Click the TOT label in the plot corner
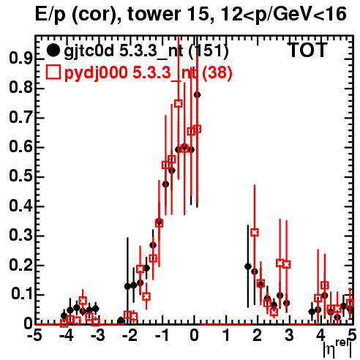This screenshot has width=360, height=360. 307,50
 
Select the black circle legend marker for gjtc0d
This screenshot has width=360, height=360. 53,50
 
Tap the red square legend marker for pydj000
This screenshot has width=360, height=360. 53,72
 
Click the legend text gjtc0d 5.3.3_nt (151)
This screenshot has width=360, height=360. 146,51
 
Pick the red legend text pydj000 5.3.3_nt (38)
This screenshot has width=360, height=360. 148,73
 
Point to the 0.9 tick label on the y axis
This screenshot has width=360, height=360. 20,59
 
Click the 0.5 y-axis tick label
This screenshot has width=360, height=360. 20,176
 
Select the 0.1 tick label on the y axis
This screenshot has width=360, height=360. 21,294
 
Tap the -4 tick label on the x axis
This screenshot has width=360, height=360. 67,336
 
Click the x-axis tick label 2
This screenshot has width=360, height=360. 257,336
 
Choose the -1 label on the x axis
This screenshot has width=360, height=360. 162,336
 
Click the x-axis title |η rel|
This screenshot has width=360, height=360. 338,348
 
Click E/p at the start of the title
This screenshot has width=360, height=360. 50,15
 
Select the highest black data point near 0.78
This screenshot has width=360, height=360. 198,94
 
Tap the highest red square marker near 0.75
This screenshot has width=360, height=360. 179,103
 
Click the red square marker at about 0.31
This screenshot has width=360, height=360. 255,233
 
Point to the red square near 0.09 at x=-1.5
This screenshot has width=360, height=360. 146,296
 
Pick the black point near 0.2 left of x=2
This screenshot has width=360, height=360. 248,266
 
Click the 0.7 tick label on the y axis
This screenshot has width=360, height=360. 20,118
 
